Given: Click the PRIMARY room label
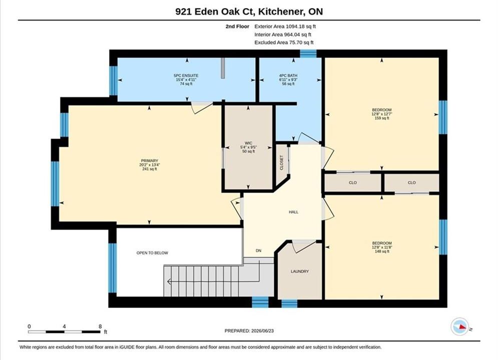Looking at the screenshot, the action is tap(149, 161).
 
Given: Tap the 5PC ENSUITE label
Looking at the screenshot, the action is tap(186, 75).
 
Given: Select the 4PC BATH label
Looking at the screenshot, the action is tap(288, 75).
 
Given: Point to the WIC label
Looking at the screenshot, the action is tap(248, 143).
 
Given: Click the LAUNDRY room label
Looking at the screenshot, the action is tap(299, 271).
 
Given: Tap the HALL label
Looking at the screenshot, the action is tap(293, 212).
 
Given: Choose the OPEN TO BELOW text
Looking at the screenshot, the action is tap(152, 253).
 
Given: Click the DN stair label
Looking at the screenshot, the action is tap(259, 250).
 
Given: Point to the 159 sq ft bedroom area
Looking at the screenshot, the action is tap(382, 118).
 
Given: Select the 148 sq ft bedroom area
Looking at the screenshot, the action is tap(382, 251).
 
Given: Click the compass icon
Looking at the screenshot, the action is tap(459, 326).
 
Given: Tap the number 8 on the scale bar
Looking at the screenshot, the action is tap(100, 326).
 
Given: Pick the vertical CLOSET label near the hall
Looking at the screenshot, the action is tap(281, 162).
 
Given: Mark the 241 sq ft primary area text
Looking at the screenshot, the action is tap(149, 169).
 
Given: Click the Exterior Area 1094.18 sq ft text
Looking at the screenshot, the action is tap(285, 26).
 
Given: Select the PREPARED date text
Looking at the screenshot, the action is tap(249, 330).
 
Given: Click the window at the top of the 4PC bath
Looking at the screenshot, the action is tap(308, 53).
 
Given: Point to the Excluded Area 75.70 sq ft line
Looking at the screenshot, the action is tap(284, 42).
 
